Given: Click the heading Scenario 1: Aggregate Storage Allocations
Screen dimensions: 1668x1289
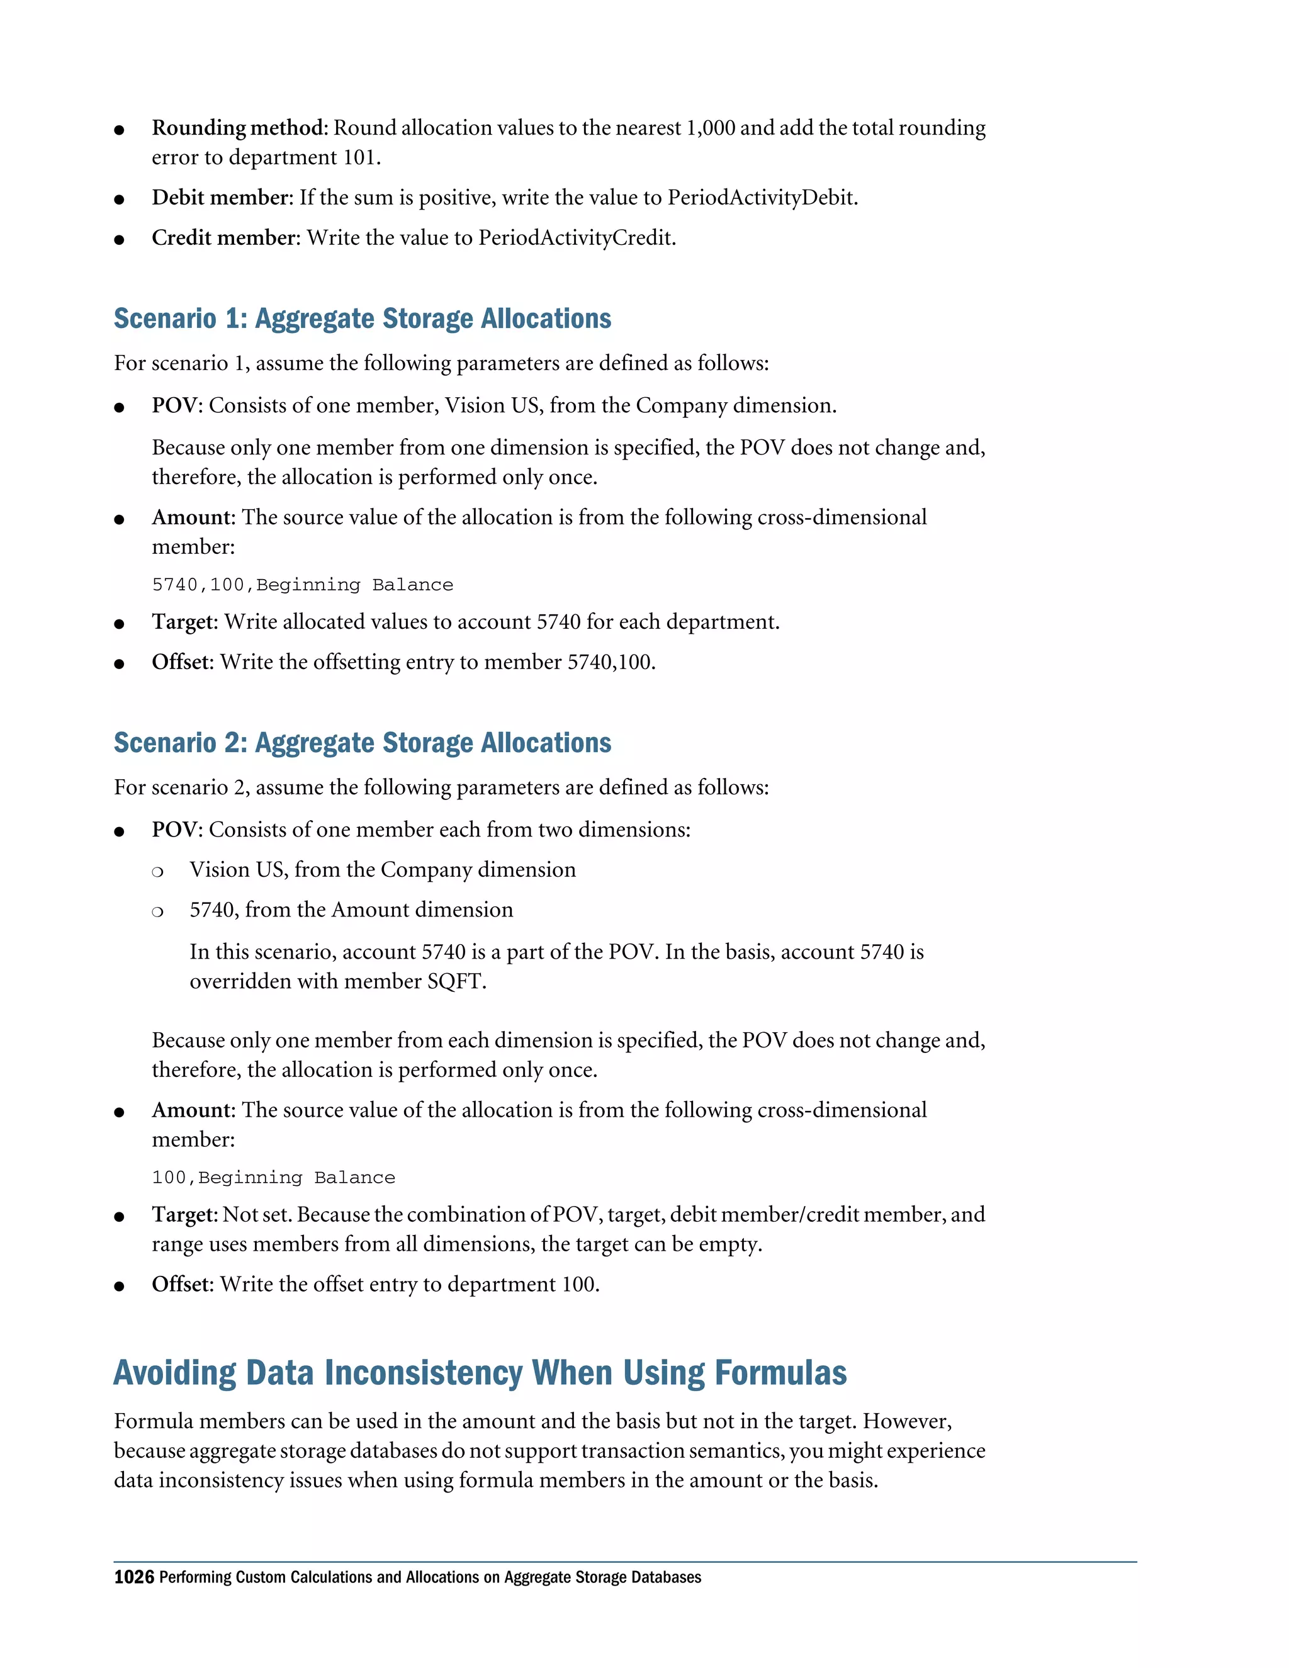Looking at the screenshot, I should pos(362,318).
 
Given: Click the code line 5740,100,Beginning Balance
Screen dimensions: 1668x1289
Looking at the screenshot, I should pos(302,585).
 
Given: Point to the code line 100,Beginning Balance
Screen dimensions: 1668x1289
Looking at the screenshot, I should pos(273,1178).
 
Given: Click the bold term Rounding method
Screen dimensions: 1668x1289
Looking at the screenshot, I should pos(239,128).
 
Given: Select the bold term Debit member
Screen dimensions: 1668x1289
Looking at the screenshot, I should pos(222,198).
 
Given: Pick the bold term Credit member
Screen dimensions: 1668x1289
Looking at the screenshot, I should pos(225,239).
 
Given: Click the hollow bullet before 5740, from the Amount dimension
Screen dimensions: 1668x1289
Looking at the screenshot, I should pos(157,911).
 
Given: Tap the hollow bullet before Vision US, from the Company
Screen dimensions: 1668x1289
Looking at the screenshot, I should pos(157,871).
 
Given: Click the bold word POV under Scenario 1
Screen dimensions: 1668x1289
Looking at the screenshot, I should pos(175,405).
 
